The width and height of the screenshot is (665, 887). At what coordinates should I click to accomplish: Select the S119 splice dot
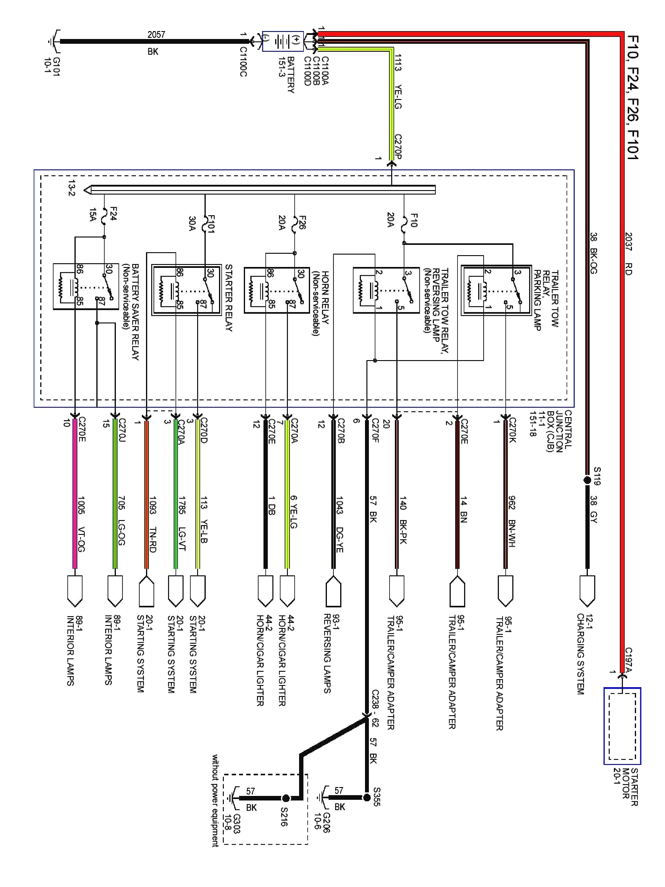(587, 480)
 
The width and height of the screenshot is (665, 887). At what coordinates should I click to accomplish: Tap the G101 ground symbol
(54, 41)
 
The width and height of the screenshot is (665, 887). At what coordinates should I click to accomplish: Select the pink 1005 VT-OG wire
(74, 497)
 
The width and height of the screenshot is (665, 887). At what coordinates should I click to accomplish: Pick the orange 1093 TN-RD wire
(146, 497)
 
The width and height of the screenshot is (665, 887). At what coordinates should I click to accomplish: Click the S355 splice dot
(366, 797)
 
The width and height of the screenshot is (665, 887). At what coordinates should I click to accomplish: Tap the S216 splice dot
(286, 798)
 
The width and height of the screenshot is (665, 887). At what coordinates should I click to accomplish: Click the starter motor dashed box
(622, 726)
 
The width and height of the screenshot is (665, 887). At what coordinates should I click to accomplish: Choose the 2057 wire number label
(156, 35)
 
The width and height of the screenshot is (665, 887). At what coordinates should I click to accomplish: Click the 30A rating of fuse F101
(192, 224)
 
